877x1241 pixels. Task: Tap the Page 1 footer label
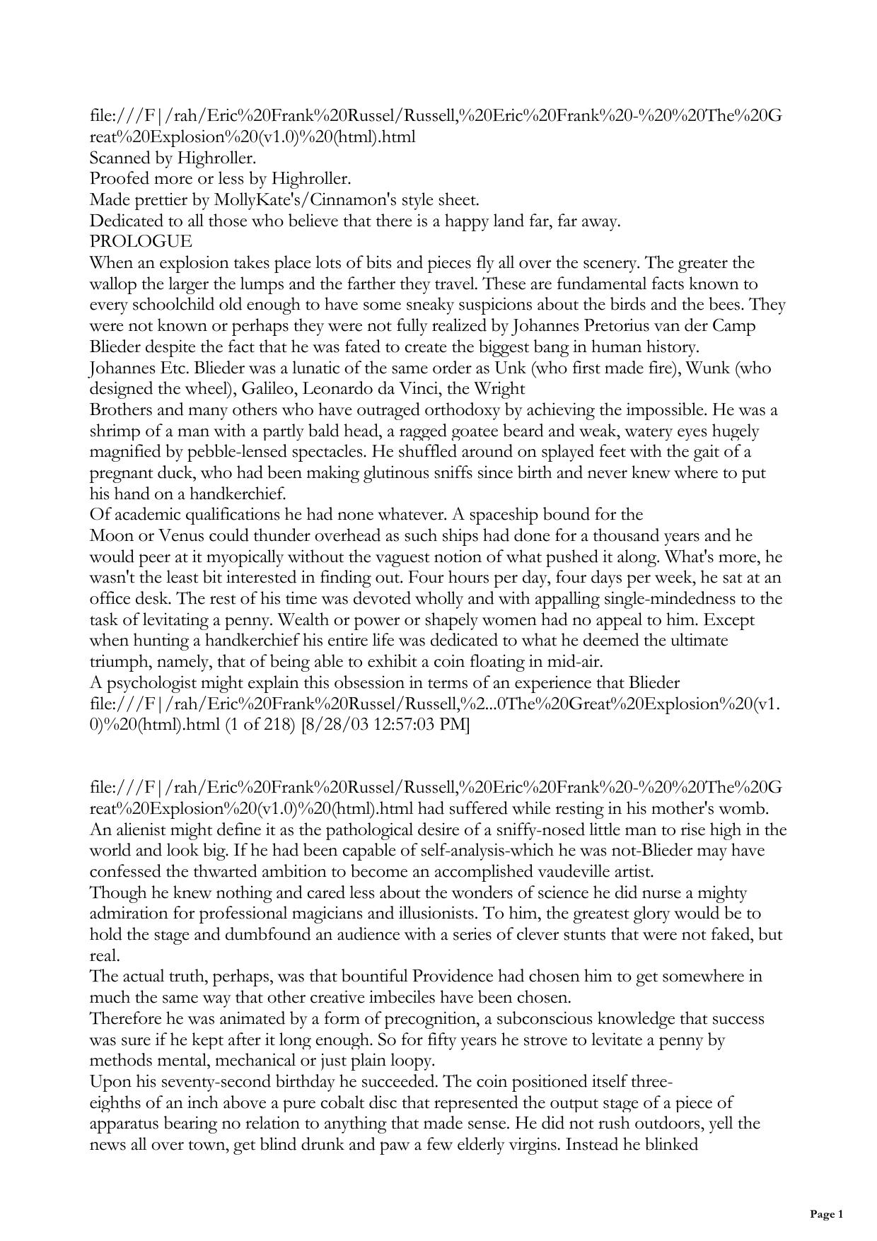826,1215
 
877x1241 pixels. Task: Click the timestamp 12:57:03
403,725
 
